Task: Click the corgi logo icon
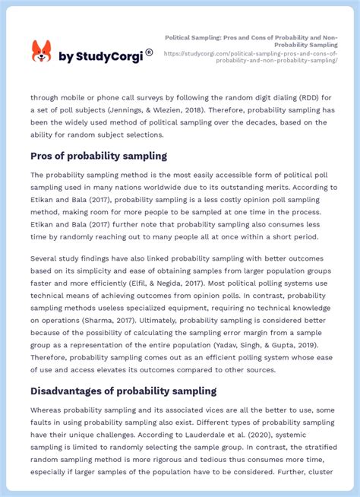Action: click(x=41, y=52)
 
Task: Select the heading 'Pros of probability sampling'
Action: click(x=98, y=156)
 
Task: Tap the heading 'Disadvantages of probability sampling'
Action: click(x=123, y=391)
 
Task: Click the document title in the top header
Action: click(x=251, y=41)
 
